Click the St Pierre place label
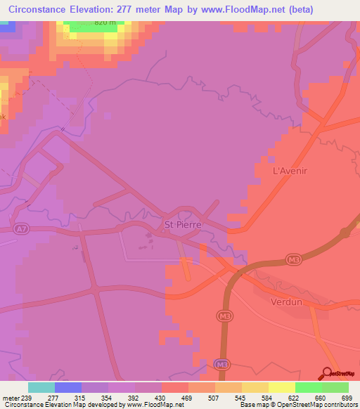click(x=183, y=225)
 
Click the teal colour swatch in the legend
click(x=41, y=387)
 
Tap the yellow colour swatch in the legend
click(x=281, y=387)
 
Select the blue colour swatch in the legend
click(x=67, y=387)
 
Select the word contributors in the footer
click(x=340, y=405)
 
